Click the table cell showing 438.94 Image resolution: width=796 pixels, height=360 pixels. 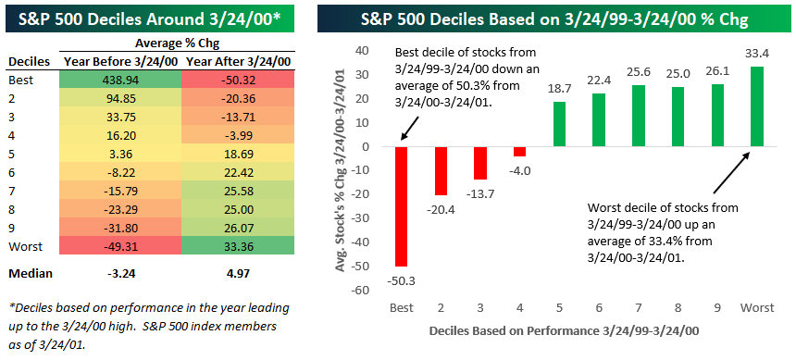pos(121,80)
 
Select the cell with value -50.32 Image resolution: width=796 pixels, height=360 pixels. pos(239,80)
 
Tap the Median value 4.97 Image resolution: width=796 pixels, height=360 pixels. pos(239,274)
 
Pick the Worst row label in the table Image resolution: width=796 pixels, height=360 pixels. pos(23,247)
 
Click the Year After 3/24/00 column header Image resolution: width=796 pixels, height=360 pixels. pos(239,62)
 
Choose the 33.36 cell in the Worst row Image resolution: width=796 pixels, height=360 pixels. pos(239,247)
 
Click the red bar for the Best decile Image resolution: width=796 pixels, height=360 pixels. pos(402,206)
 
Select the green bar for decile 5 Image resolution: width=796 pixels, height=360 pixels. pos(559,124)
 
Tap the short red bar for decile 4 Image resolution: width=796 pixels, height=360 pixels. pos(520,152)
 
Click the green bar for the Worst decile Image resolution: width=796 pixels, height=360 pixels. pos(757,106)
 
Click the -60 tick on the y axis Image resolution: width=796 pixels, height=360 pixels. pos(367,291)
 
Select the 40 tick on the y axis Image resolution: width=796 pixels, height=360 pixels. pos(369,51)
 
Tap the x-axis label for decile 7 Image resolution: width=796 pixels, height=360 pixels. pos(638,307)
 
